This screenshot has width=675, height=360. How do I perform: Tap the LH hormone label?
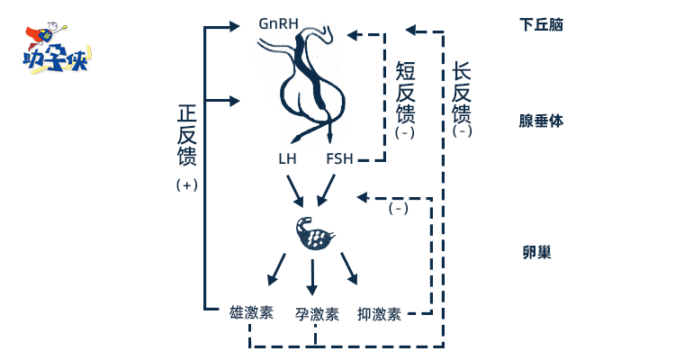[x=287, y=158]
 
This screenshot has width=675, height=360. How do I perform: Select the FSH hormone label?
[x=339, y=158]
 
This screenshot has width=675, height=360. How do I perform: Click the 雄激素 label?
[x=251, y=313]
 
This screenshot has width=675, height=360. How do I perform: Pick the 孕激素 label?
[x=316, y=314]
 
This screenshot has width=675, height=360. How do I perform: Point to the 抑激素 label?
[x=379, y=314]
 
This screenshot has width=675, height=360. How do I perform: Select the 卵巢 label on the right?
[x=536, y=252]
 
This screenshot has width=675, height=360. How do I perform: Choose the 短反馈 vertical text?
[x=405, y=92]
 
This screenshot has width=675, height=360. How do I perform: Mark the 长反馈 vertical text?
[x=462, y=92]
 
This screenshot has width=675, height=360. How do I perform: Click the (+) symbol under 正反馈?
[x=187, y=184]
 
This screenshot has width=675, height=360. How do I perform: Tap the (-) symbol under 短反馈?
[x=404, y=131]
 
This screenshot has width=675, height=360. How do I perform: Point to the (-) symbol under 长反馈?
[x=463, y=131]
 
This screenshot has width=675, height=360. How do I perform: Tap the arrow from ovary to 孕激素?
[x=312, y=277]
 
